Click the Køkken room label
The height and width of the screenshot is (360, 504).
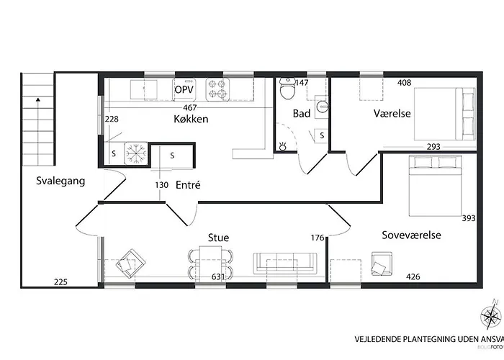191,119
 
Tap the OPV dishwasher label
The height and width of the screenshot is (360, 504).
184,89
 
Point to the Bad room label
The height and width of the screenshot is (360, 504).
301,114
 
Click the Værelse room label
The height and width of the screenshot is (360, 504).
392,114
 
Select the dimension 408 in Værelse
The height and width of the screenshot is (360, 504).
404,83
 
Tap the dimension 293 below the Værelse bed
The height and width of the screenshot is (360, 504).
433,146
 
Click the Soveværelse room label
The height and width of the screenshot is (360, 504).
412,235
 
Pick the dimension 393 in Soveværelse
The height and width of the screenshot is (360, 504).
469,218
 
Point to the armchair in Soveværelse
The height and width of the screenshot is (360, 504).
382,264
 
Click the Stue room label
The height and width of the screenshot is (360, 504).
218,236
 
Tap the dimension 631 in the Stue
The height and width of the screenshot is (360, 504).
218,276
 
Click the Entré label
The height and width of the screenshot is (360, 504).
188,185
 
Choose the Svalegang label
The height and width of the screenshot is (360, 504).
60,181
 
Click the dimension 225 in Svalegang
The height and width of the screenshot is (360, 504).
61,282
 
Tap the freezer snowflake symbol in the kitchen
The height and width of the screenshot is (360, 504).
135,153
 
